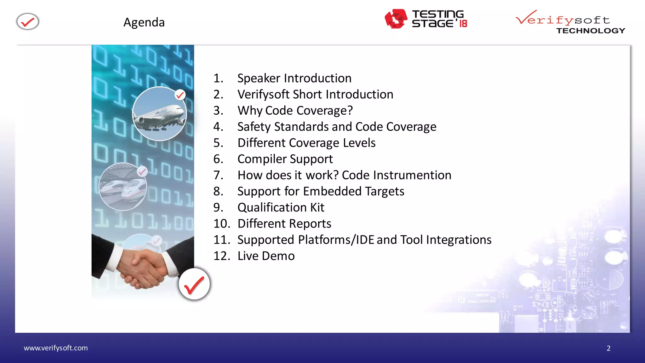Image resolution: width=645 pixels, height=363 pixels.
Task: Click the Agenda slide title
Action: pos(144,22)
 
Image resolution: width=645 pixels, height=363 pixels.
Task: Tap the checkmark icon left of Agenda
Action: pos(28,22)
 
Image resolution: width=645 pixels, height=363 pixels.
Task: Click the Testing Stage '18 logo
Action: pos(426,19)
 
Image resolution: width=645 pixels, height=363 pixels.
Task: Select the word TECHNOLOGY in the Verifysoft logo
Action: pos(591,31)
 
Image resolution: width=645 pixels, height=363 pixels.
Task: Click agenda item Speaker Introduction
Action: pos(294,78)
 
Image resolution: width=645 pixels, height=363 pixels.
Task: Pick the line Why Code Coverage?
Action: pos(295,111)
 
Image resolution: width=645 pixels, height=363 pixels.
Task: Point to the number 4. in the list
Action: pos(218,127)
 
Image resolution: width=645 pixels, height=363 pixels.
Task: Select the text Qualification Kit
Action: pos(281,208)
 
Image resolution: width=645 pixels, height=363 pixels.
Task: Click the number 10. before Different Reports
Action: pos(222,224)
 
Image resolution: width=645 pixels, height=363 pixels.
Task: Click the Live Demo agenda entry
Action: pos(266,256)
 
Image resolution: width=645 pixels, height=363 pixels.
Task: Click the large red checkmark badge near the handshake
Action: pos(194,284)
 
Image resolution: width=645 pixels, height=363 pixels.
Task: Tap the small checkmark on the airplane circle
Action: pos(180,95)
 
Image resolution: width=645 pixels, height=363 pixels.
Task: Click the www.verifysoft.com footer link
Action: pos(56,348)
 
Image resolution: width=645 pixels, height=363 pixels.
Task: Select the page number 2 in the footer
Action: pos(608,348)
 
